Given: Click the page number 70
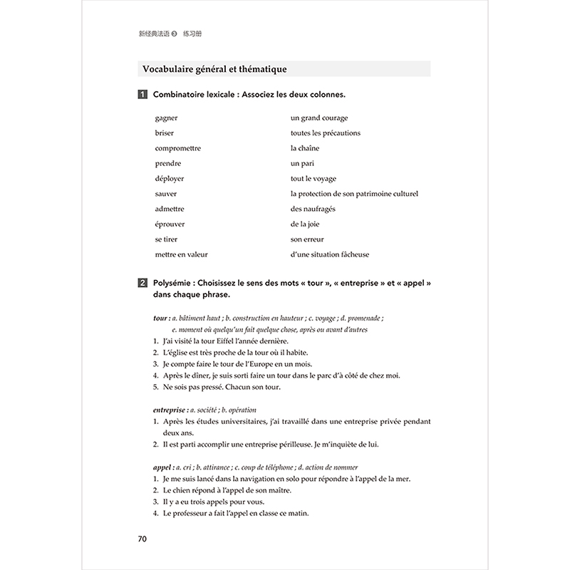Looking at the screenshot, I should tap(142, 538).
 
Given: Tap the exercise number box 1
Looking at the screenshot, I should tap(143, 95).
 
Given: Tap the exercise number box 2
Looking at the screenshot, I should tap(143, 284).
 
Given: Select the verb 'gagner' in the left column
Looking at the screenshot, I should tap(166, 118).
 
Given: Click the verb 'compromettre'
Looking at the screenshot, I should tap(178, 148).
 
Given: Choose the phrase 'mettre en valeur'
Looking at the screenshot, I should tap(182, 254).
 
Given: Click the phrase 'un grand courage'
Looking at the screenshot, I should tap(319, 118).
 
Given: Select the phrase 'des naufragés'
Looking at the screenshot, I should tap(313, 209).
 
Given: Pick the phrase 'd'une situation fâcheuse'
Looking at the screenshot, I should tap(330, 254).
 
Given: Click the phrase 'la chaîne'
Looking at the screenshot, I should tap(305, 148).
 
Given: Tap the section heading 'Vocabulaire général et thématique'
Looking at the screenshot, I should tap(214, 69).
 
